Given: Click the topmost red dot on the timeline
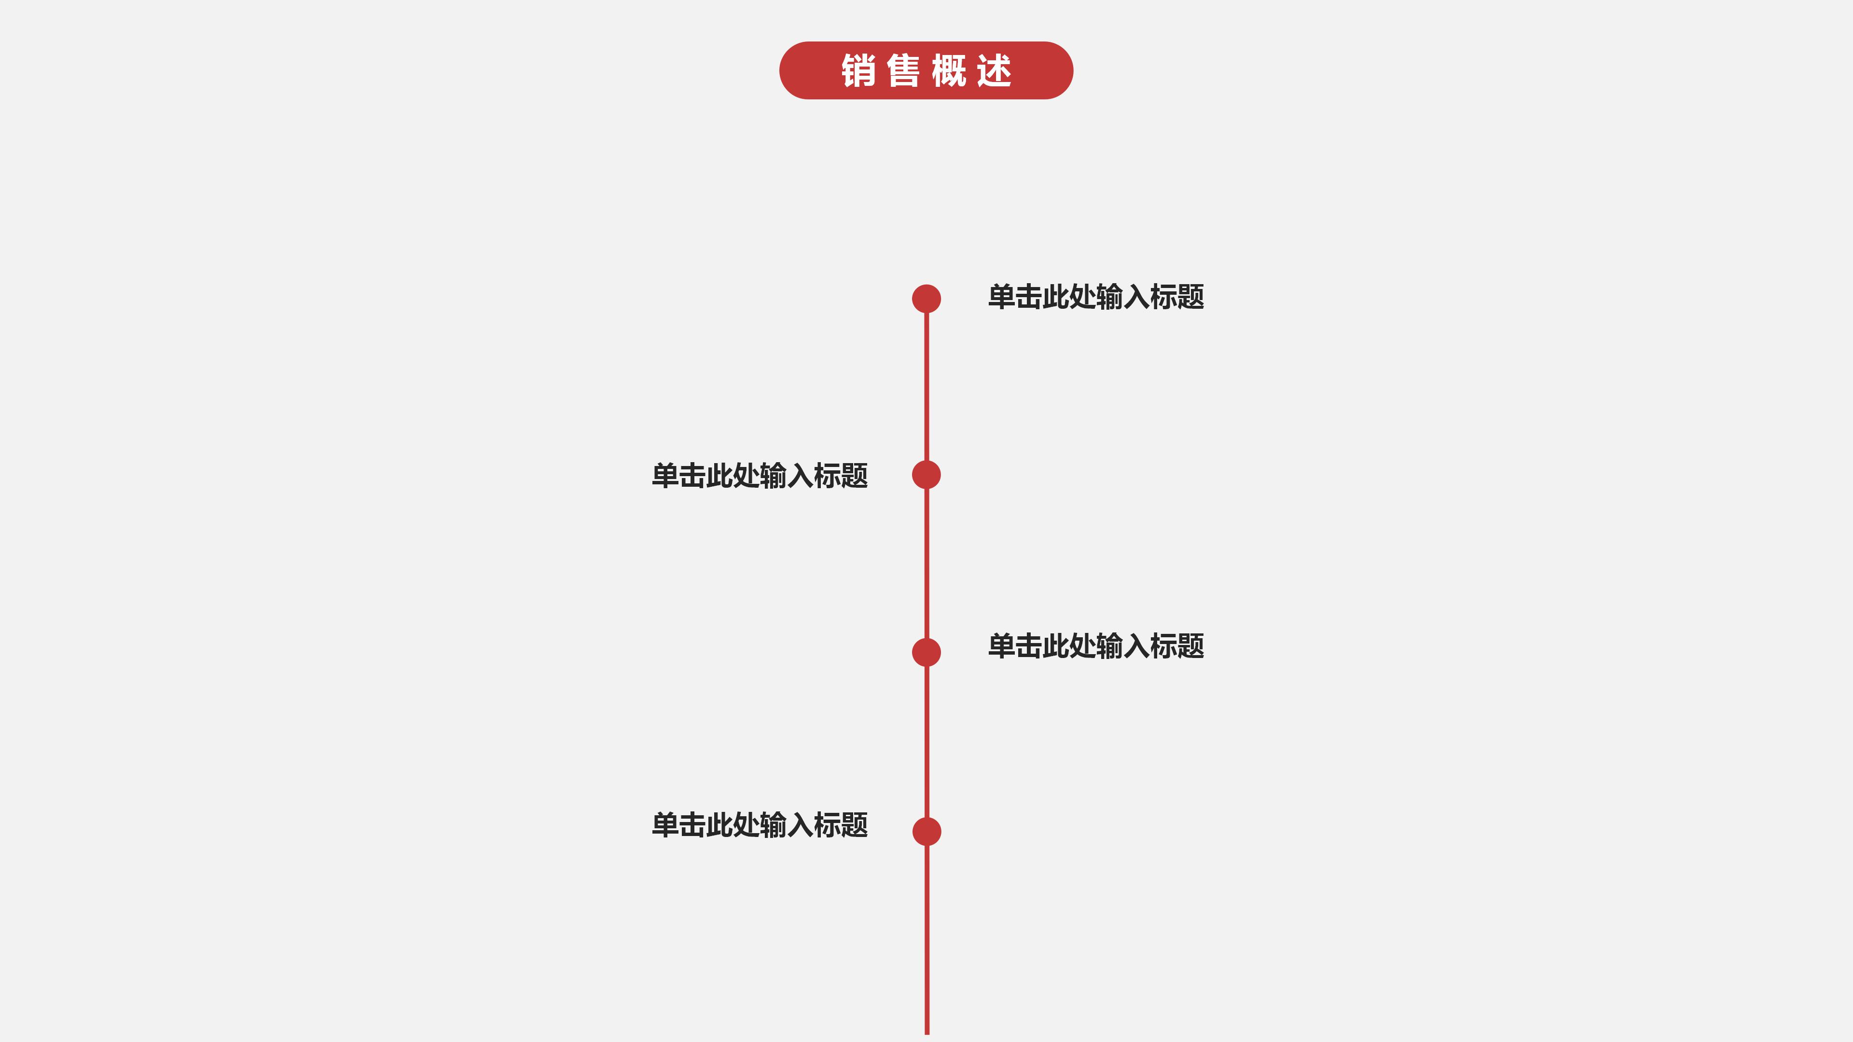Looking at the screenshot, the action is coord(926,299).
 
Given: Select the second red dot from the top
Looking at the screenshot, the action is coord(926,475).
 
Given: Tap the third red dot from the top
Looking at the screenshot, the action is coord(926,652).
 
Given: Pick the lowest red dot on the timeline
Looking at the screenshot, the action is coord(926,831).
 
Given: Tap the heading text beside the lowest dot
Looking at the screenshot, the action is coord(760,825).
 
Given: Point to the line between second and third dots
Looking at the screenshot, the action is coord(926,564).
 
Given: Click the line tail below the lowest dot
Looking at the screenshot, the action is coord(926,942).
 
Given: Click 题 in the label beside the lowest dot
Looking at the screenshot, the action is coord(855,825).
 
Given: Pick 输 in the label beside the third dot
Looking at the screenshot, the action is coord(1109,646).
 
